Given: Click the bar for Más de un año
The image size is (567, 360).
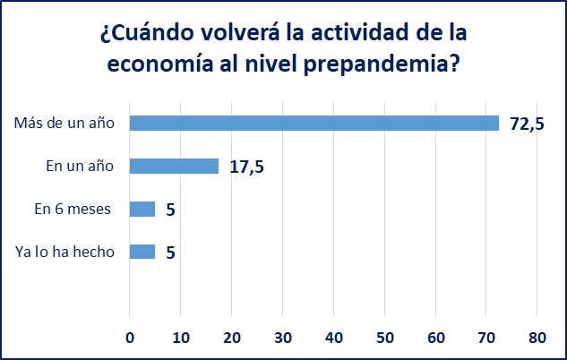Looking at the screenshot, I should (x=314, y=123).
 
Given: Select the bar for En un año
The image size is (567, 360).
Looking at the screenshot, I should (x=174, y=166).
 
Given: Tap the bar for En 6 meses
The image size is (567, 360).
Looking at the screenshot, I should (x=142, y=209).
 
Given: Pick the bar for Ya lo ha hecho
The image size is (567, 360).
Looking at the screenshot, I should (x=142, y=252).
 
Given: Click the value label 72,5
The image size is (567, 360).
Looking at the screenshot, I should (x=528, y=124).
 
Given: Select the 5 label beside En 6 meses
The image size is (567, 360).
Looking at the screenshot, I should (x=170, y=210).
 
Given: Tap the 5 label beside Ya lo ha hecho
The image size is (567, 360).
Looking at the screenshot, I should (x=170, y=253).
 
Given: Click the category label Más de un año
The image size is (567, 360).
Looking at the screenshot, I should (x=64, y=123).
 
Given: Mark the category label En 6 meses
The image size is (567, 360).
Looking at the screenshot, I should (x=73, y=209).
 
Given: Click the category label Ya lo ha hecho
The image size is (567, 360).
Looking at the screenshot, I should (x=65, y=252).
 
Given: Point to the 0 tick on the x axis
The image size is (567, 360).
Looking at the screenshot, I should (x=130, y=339).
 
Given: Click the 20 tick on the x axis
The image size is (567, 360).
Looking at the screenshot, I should (x=232, y=339).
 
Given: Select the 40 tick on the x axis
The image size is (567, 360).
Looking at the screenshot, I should (x=333, y=339).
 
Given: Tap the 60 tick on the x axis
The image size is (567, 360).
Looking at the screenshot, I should (x=435, y=339).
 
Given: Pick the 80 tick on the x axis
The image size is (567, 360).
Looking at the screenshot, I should (x=537, y=339).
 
